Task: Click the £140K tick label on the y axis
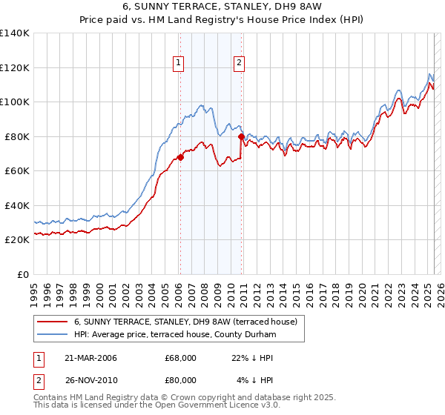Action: pyautogui.click(x=15, y=33)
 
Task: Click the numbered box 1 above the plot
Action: pyautogui.click(x=179, y=64)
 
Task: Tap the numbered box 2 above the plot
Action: pyautogui.click(x=240, y=64)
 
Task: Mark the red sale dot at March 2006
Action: pyautogui.click(x=180, y=157)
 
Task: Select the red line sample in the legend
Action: pyautogui.click(x=53, y=322)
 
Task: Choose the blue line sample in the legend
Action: pyautogui.click(x=53, y=335)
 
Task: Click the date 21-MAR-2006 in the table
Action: pyautogui.click(x=90, y=358)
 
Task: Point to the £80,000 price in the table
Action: pyautogui.click(x=181, y=382)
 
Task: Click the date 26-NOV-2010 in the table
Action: pyautogui.click(x=90, y=382)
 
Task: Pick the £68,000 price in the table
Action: pyautogui.click(x=181, y=358)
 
